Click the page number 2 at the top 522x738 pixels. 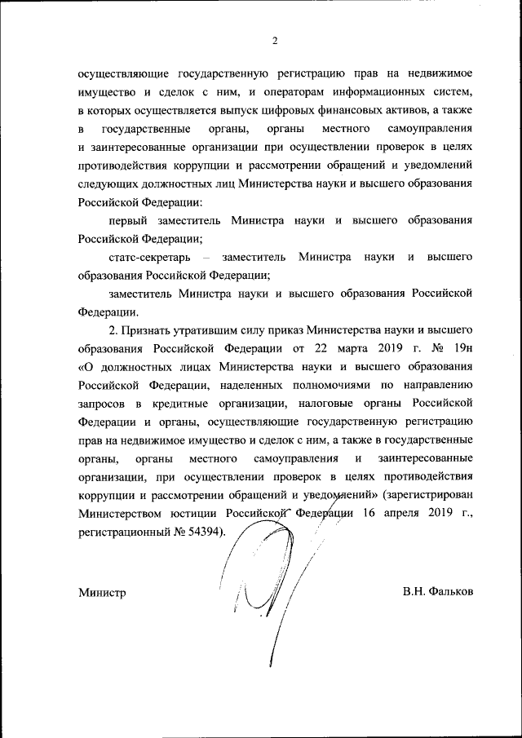(x=275, y=42)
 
